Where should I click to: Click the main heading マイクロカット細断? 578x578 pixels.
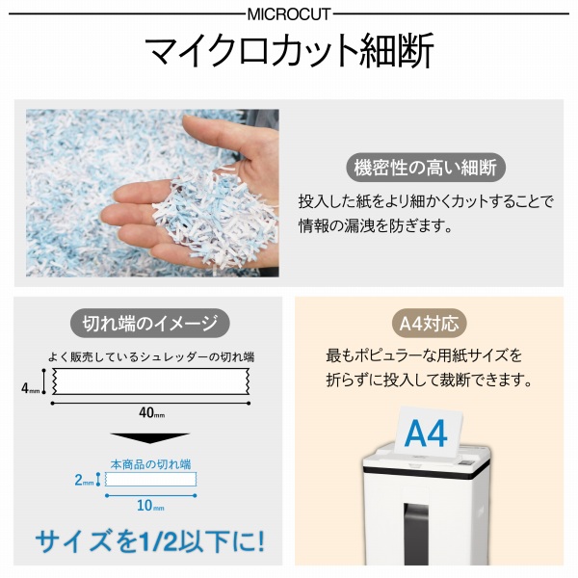coord(288,51)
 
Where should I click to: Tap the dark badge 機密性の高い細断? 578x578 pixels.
coord(424,167)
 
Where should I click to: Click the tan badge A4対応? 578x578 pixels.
coord(429,323)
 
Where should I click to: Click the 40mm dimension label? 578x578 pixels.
coord(150,413)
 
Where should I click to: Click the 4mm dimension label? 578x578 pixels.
coord(31,388)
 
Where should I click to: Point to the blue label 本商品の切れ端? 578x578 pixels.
coord(150,463)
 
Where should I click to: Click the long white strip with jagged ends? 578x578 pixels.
coord(150,382)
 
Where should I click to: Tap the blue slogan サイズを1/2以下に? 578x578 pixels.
coord(149,540)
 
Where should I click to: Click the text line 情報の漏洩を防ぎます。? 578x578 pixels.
coord(376,228)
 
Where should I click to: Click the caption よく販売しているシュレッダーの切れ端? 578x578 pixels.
coord(150,356)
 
